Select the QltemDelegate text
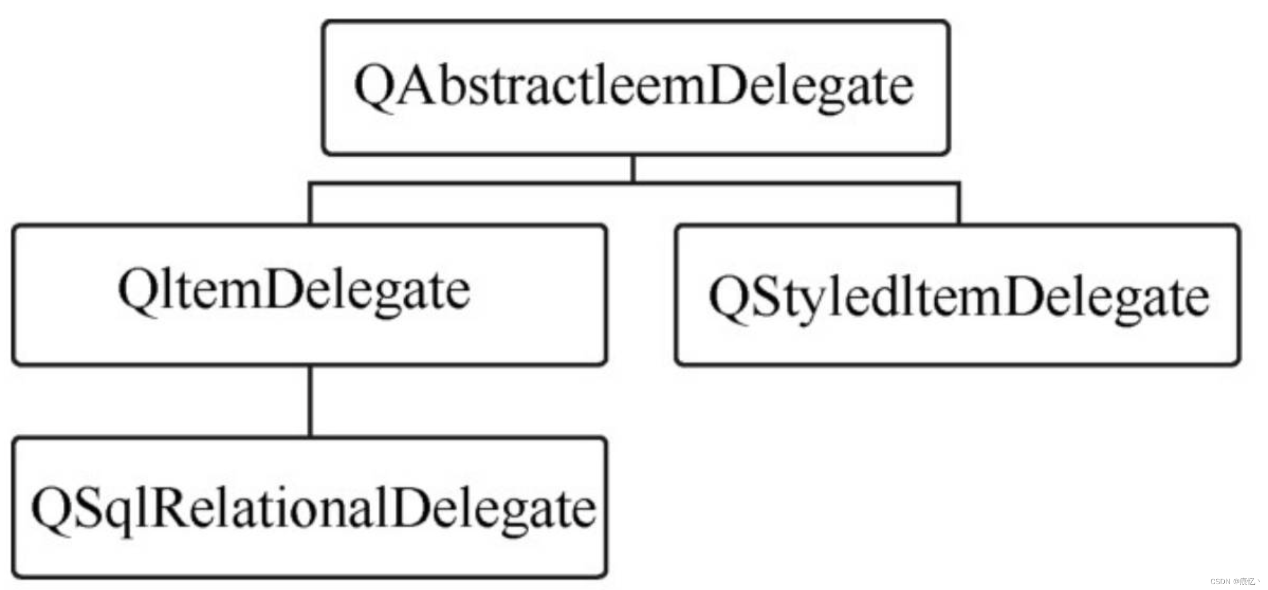[x=294, y=291]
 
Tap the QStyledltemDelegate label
[x=959, y=298]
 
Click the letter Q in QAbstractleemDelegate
[x=374, y=85]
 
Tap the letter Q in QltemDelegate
[x=137, y=290]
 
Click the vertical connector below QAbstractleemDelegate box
[x=633, y=169]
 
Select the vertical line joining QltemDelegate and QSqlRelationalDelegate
[x=310, y=401]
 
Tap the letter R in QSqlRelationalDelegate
[x=170, y=507]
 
